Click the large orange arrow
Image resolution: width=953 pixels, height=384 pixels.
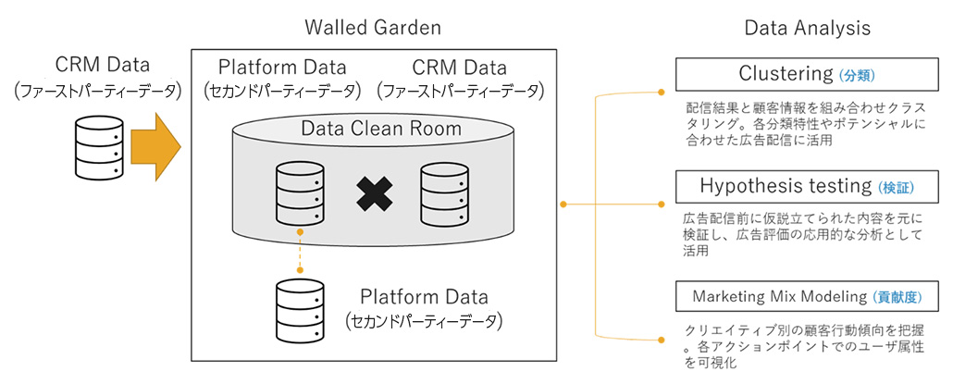[x=153, y=145]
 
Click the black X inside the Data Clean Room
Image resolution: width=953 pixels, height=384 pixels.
[x=374, y=192]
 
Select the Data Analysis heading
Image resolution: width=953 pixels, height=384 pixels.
[x=807, y=28]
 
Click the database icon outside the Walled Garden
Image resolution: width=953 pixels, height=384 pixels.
[x=97, y=146]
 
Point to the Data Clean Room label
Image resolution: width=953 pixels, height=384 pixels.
[x=381, y=129]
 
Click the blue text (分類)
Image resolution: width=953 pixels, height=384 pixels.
[x=857, y=75]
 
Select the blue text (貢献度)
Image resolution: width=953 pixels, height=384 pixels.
[x=898, y=298]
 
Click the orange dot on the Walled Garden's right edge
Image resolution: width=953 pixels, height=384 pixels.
[x=563, y=204]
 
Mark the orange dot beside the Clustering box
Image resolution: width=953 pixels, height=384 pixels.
[x=661, y=93]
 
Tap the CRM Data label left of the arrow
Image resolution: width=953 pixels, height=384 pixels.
[x=102, y=67]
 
